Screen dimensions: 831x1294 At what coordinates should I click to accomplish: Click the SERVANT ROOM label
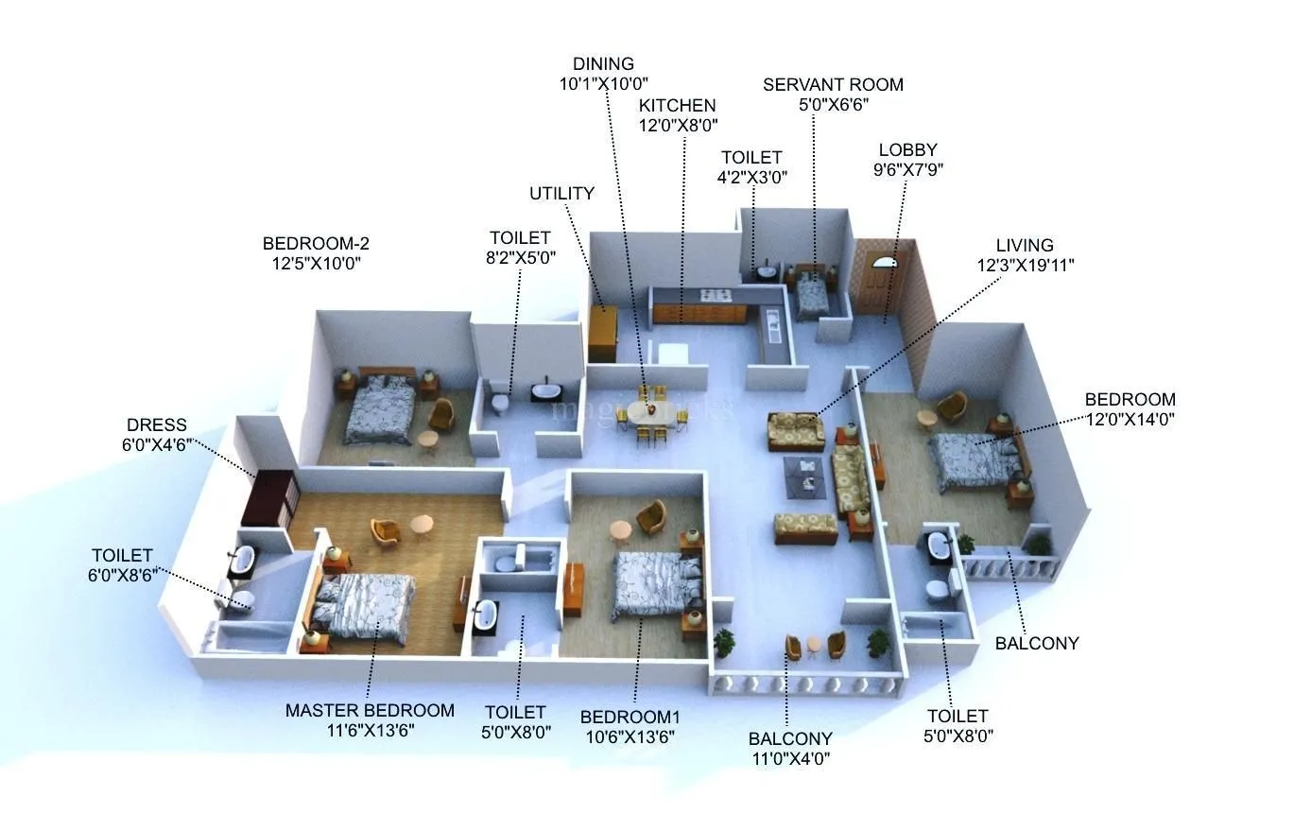pyautogui.click(x=833, y=85)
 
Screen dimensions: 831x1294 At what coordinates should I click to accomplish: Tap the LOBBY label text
pyautogui.click(x=907, y=150)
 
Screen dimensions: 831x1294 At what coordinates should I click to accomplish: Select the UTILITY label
pyautogui.click(x=561, y=194)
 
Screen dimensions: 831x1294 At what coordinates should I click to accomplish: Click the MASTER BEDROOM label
pyautogui.click(x=370, y=711)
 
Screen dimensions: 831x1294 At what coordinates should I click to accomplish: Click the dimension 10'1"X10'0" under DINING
pyautogui.click(x=603, y=84)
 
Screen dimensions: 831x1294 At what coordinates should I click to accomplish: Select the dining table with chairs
pyautogui.click(x=650, y=415)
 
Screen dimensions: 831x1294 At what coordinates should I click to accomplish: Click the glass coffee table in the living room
pyautogui.click(x=804, y=476)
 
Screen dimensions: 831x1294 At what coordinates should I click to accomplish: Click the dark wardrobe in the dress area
pyautogui.click(x=269, y=496)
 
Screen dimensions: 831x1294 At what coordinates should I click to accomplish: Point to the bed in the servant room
pyautogui.click(x=812, y=296)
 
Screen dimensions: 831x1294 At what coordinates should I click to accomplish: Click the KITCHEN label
pyautogui.click(x=677, y=105)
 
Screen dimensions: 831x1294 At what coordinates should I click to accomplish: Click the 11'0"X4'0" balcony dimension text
pyautogui.click(x=790, y=758)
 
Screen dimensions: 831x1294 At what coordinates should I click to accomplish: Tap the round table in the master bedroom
pyautogui.click(x=422, y=524)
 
